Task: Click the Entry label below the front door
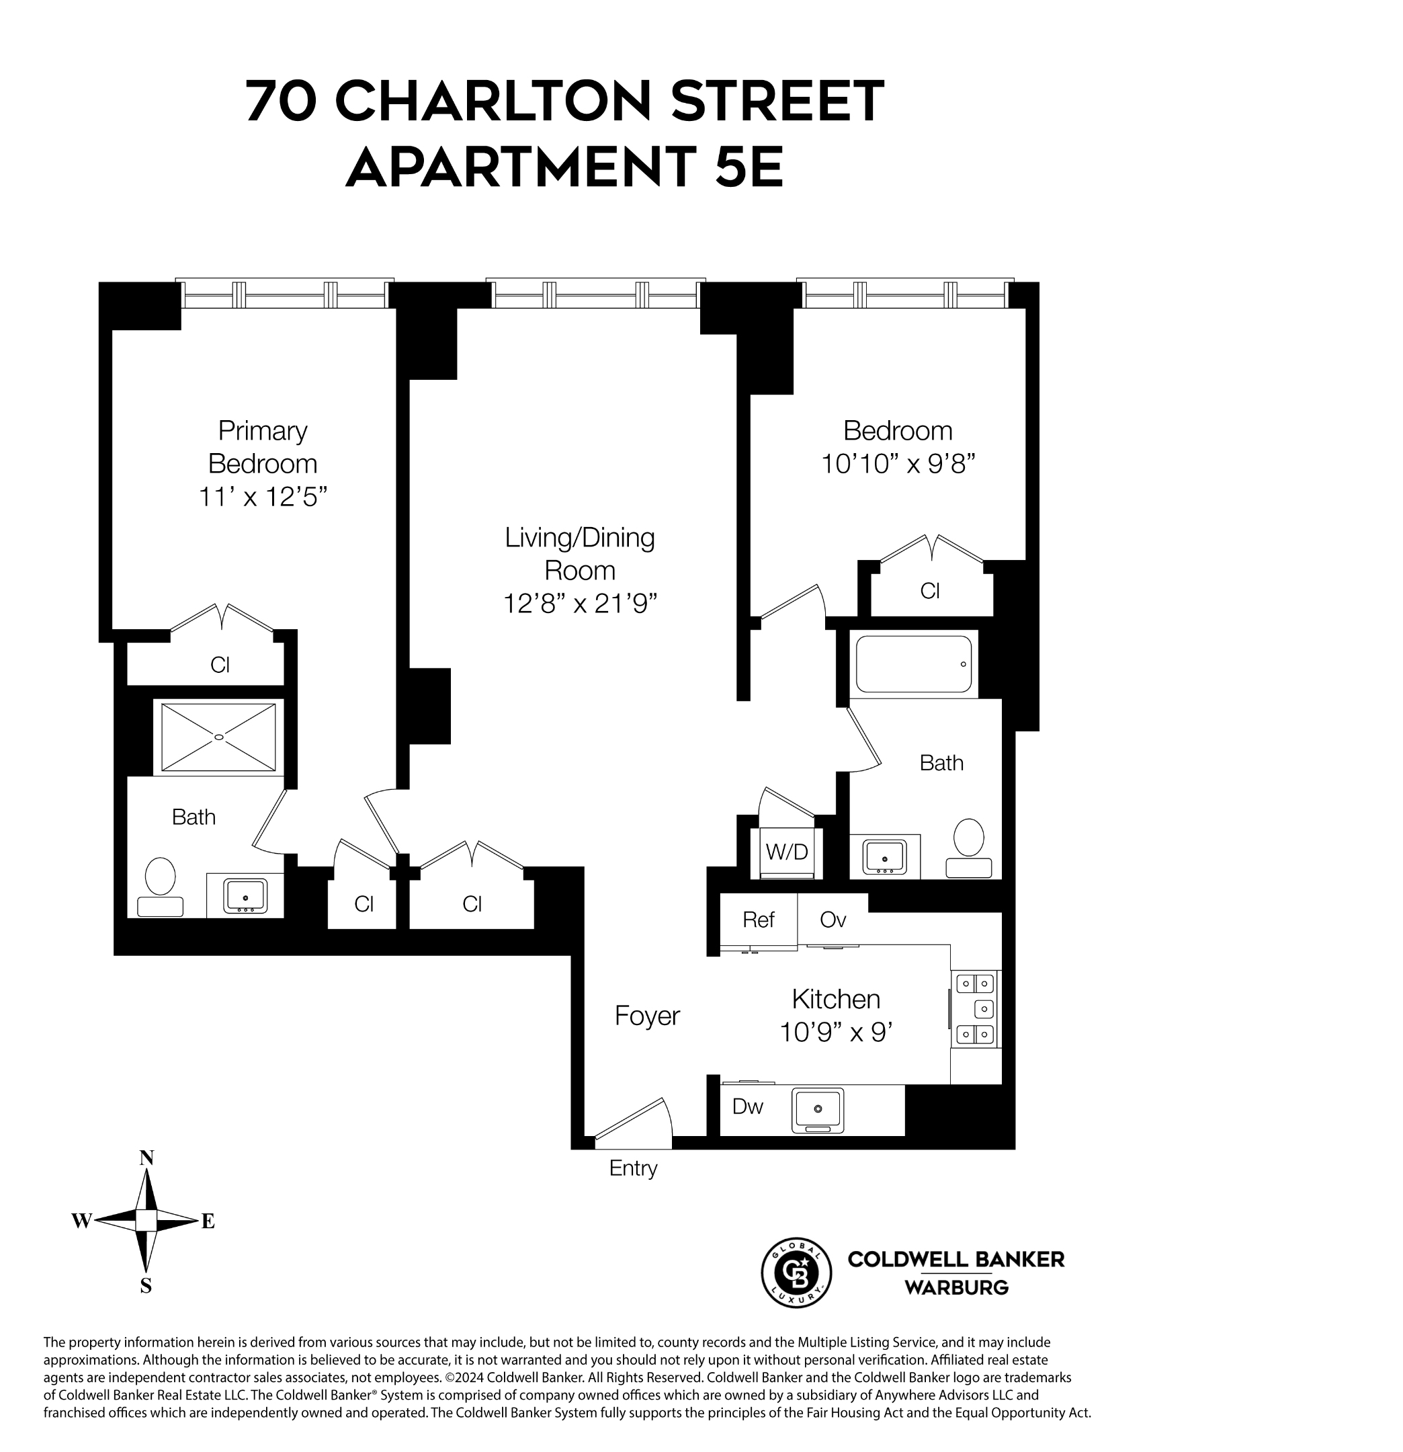[633, 1168]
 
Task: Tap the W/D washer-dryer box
[786, 852]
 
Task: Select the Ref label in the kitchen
[758, 920]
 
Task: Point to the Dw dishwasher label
[747, 1106]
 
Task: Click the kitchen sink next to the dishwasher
[817, 1110]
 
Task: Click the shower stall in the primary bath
[218, 737]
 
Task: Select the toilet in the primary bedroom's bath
[160, 886]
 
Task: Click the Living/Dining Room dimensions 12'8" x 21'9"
[580, 604]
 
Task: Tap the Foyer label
[647, 1016]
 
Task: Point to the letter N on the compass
[146, 1158]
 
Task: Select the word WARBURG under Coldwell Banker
[955, 1288]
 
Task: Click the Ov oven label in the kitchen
[833, 920]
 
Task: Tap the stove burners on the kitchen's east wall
[975, 1008]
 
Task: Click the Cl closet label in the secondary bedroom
[930, 590]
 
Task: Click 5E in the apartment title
[749, 166]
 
